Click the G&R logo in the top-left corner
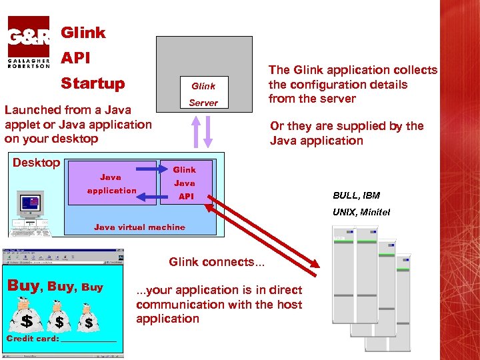click(x=28, y=41)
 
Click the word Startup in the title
click(x=93, y=83)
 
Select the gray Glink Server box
click(x=204, y=73)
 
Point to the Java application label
click(x=111, y=184)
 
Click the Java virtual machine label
click(x=139, y=227)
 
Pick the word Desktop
click(x=37, y=163)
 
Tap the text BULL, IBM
click(x=356, y=195)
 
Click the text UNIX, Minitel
click(x=361, y=212)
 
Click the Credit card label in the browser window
click(x=32, y=339)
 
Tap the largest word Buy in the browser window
click(x=23, y=285)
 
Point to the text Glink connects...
click(x=216, y=262)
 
